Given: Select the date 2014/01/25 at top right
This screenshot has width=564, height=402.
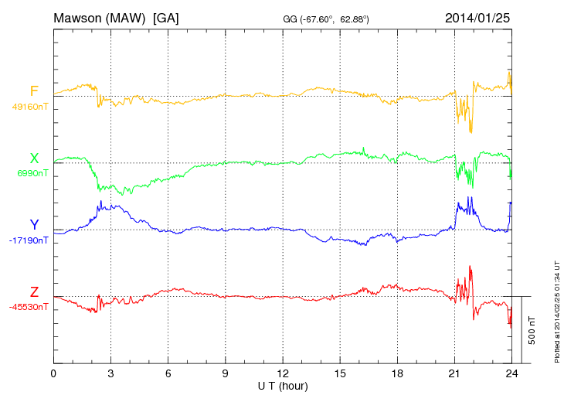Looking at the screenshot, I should click(477, 17).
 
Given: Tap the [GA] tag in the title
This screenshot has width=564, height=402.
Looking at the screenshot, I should click(166, 17).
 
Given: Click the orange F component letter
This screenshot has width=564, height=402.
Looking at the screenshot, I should click(34, 92).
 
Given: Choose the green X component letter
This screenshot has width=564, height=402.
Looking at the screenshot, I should click(34, 158).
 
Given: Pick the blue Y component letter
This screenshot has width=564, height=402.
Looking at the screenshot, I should click(34, 225).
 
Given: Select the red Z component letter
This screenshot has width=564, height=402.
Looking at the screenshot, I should click(34, 292).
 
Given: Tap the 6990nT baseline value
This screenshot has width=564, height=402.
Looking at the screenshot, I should click(32, 173).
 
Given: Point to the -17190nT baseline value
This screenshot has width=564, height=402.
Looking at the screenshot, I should click(29, 240).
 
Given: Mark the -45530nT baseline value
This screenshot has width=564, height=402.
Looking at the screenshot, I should click(29, 307).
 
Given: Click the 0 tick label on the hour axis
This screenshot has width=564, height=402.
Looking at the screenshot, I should click(53, 373).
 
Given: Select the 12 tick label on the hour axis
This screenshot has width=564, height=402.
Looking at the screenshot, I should click(283, 373).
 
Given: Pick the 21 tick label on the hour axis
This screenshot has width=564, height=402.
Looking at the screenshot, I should click(454, 373).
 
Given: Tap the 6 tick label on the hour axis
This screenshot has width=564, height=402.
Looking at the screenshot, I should click(168, 373).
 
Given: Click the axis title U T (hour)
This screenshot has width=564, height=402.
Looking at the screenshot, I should click(283, 385).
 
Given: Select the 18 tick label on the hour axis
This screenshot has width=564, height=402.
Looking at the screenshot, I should click(397, 373).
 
